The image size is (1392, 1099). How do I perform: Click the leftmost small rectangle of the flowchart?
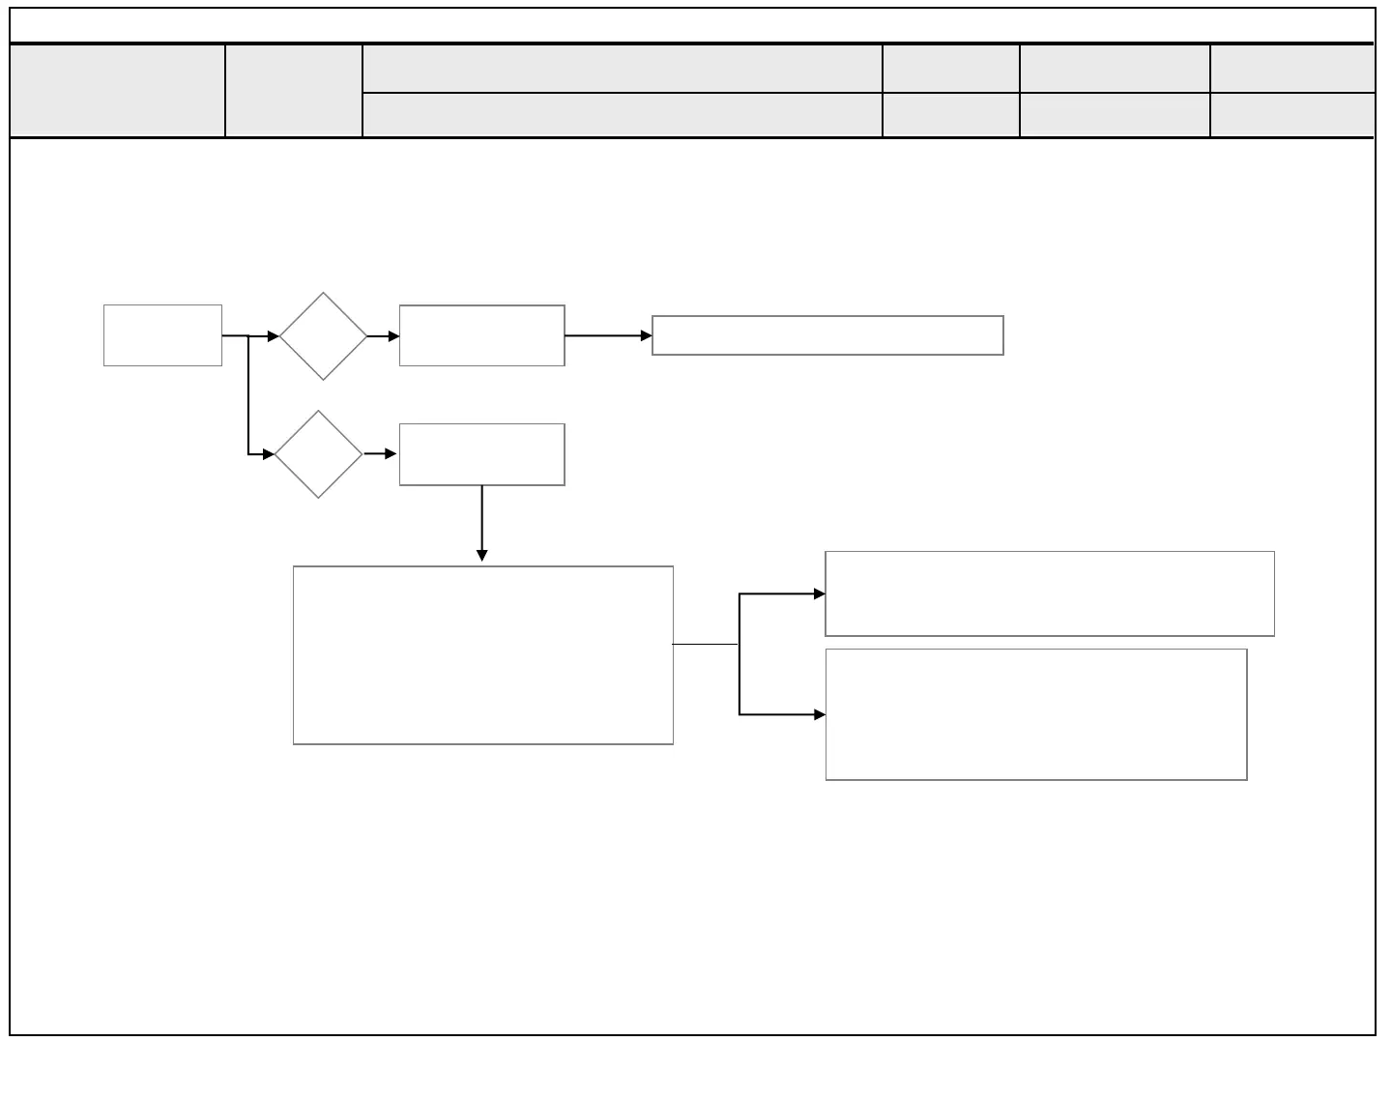[x=162, y=335]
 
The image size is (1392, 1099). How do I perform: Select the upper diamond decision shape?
[x=323, y=336]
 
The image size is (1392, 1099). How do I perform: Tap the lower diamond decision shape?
[x=318, y=454]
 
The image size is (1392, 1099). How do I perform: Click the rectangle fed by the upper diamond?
[x=481, y=335]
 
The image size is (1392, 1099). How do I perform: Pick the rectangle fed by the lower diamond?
[x=481, y=454]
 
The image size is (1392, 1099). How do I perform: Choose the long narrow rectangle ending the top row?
[x=827, y=335]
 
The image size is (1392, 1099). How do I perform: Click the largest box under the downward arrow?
[x=482, y=655]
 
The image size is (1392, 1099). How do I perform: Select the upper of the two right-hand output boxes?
[x=1049, y=593]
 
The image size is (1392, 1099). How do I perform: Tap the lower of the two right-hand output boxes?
[x=1035, y=714]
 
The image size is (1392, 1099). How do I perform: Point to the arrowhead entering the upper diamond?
[x=274, y=336]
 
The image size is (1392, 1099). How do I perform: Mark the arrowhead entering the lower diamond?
[x=269, y=454]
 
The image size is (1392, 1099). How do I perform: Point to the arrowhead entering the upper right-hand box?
[x=820, y=593]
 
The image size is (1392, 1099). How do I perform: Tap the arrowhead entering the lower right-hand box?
[x=820, y=714]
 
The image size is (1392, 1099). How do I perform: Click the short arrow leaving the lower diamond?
[x=382, y=454]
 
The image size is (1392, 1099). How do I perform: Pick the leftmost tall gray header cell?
[x=117, y=90]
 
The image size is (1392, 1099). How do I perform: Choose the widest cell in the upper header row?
[x=622, y=69]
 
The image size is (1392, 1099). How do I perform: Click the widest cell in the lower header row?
[x=622, y=115]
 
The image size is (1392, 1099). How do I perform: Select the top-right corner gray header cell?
[x=1291, y=69]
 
